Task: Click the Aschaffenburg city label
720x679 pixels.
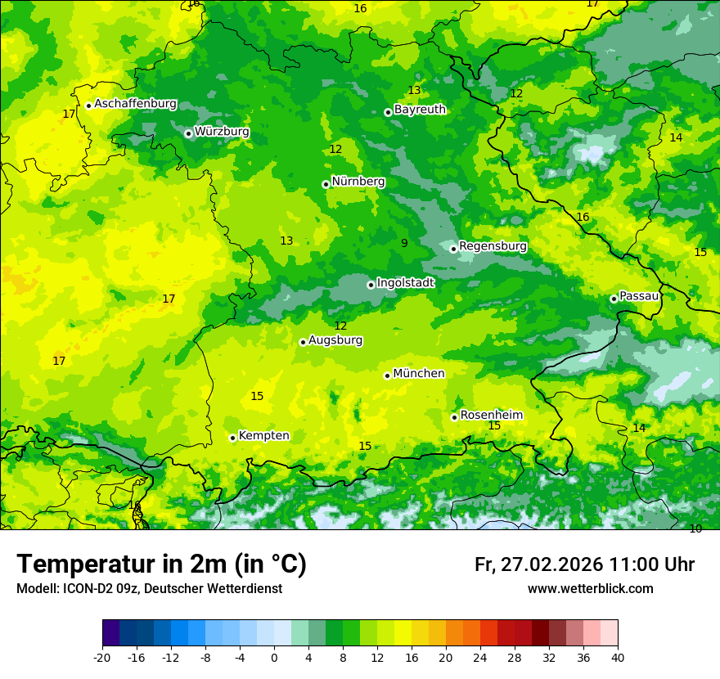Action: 135,104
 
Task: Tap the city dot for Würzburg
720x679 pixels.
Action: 188,133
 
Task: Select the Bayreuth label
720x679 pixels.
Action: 420,110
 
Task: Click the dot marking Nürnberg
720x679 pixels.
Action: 326,184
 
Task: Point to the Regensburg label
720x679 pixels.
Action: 493,246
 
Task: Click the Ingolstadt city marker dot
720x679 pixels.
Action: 371,285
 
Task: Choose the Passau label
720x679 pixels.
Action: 639,296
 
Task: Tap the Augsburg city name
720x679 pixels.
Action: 335,340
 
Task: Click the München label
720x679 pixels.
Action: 419,374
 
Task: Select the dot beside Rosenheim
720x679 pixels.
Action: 454,417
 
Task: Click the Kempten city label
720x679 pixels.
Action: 263,436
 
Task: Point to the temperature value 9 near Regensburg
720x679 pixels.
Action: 404,244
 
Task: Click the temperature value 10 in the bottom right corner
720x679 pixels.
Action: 695,528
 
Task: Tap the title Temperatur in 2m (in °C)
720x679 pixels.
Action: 161,564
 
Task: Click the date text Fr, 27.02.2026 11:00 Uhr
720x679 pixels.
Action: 584,564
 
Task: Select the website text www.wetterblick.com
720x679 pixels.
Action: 590,588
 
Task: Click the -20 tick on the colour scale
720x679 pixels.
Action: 102,657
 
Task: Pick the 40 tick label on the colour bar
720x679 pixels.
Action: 618,657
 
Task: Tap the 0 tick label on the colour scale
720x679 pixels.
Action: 274,657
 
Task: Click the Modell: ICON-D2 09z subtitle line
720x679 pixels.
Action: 149,588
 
